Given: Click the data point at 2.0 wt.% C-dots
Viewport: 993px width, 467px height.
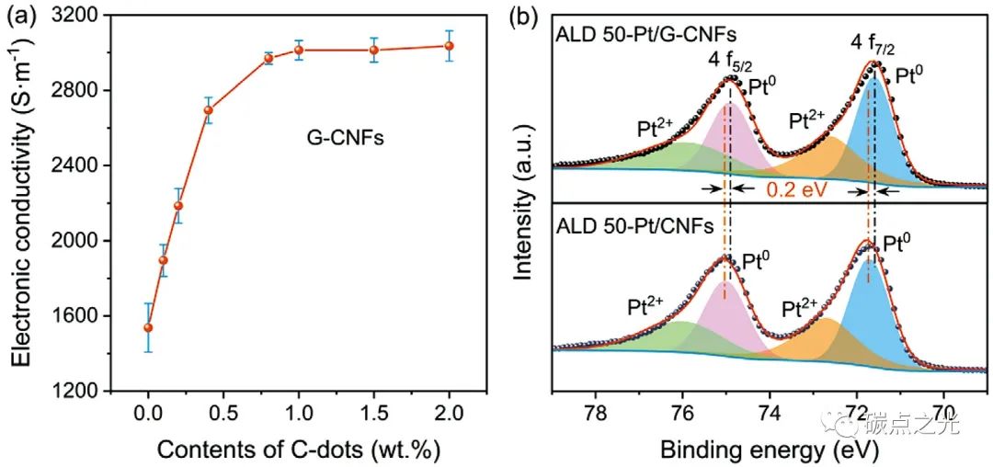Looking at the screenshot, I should click(449, 46).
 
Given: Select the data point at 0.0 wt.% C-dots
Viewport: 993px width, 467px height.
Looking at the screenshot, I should click(148, 327).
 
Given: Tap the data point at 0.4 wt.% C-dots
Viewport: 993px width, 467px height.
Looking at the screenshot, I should click(209, 110).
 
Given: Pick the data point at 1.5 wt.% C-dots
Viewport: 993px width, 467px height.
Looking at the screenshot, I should click(374, 50).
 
